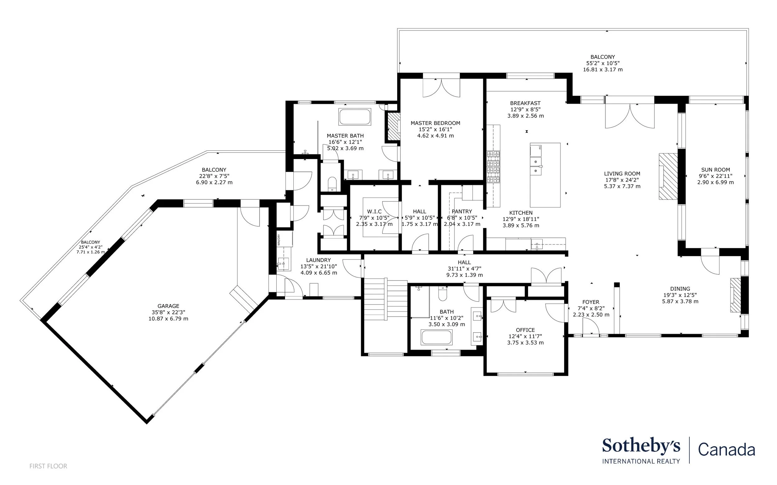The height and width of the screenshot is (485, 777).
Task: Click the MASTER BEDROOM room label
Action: [x=435, y=123]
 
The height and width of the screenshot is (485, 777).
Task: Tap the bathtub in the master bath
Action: [x=355, y=117]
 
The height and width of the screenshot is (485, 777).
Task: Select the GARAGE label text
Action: [x=168, y=306]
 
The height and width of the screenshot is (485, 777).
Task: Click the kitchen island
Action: [x=545, y=175]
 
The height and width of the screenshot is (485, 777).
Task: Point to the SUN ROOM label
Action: [x=715, y=170]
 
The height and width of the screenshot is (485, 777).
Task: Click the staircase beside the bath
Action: [x=386, y=299]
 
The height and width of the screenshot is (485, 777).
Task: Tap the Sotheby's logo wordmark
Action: [x=641, y=446]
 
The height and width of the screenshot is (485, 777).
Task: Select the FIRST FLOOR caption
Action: [x=48, y=466]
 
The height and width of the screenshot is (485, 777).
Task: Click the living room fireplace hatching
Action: [x=668, y=176]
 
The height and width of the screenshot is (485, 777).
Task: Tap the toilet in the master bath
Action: [x=332, y=184]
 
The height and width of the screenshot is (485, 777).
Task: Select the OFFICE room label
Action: [x=526, y=330]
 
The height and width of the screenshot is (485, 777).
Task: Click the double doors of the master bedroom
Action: [x=441, y=87]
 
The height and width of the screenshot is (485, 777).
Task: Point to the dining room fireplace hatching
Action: [x=735, y=295]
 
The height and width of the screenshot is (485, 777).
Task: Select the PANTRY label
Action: [x=462, y=211]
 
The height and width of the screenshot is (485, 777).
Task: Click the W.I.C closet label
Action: [x=375, y=211]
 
